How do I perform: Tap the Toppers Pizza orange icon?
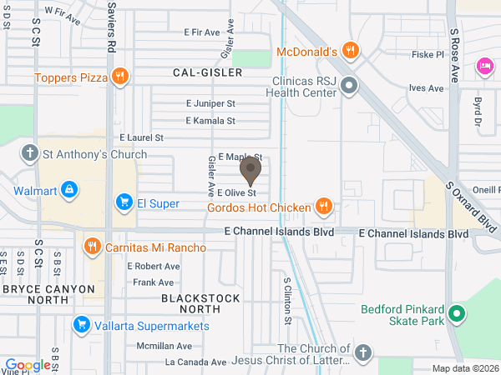tap(121, 77)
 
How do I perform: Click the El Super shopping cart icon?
tap(124, 201)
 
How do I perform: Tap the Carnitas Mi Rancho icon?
tap(92, 247)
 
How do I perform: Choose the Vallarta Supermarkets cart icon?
tap(81, 324)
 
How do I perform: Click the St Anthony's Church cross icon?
tap(30, 153)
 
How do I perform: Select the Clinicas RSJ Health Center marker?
tap(349, 85)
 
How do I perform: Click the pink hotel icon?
tap(483, 65)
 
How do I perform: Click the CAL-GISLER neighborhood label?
tap(207, 72)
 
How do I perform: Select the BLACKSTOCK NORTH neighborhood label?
tap(200, 303)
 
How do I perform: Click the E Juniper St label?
tap(210, 104)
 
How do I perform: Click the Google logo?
tap(28, 364)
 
